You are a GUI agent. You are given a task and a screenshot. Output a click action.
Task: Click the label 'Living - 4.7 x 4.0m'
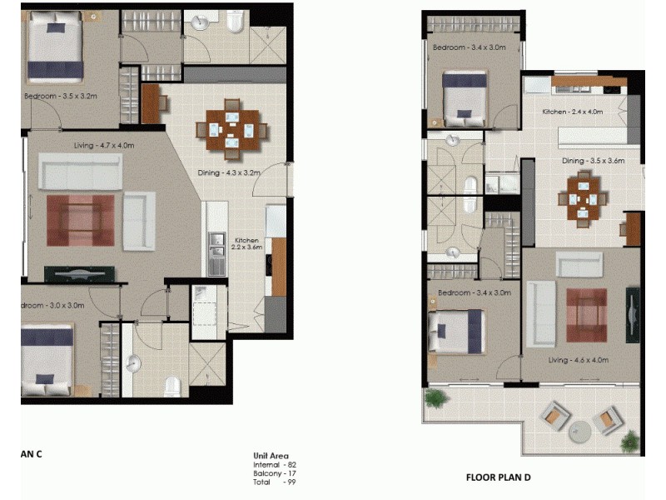pyautogui.click(x=104, y=146)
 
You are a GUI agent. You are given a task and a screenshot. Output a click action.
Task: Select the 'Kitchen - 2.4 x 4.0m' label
pyautogui.click(x=572, y=112)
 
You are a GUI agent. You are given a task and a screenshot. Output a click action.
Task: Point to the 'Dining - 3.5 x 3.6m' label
pyautogui.click(x=593, y=161)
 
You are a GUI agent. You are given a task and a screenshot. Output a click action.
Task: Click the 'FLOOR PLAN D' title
pyautogui.click(x=498, y=477)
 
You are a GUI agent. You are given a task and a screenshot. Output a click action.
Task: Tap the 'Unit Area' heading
pyautogui.click(x=271, y=456)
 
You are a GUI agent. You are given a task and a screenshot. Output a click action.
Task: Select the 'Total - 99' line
pyautogui.click(x=275, y=482)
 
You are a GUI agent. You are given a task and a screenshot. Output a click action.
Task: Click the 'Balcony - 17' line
pyautogui.click(x=275, y=473)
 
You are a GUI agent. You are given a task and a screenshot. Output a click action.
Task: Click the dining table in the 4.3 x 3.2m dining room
pyautogui.click(x=232, y=131)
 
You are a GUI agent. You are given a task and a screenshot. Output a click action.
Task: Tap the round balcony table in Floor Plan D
pyautogui.click(x=580, y=430)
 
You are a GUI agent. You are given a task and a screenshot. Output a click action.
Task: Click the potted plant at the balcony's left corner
pyautogui.click(x=435, y=400)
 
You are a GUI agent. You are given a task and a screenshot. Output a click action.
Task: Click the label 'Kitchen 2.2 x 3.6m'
pyautogui.click(x=247, y=243)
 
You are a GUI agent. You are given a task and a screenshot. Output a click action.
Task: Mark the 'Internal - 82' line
pyautogui.click(x=275, y=465)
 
